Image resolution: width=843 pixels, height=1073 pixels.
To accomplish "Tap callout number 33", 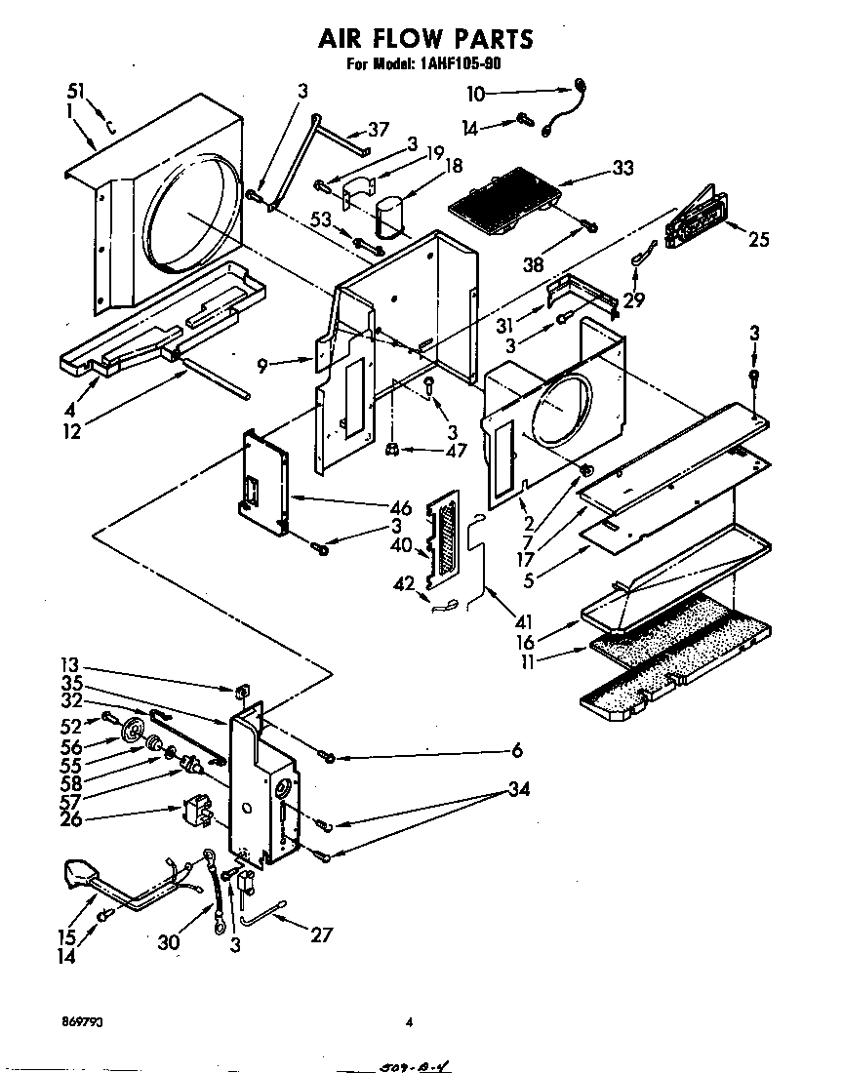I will click(622, 168).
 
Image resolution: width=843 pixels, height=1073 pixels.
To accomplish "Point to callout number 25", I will click(758, 239).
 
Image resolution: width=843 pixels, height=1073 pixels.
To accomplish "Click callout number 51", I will click(76, 92).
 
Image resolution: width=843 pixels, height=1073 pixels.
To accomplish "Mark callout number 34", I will click(518, 790).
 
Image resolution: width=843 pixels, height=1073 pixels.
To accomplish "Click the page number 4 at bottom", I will click(410, 1022).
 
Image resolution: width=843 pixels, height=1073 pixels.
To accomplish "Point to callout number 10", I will click(474, 95).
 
